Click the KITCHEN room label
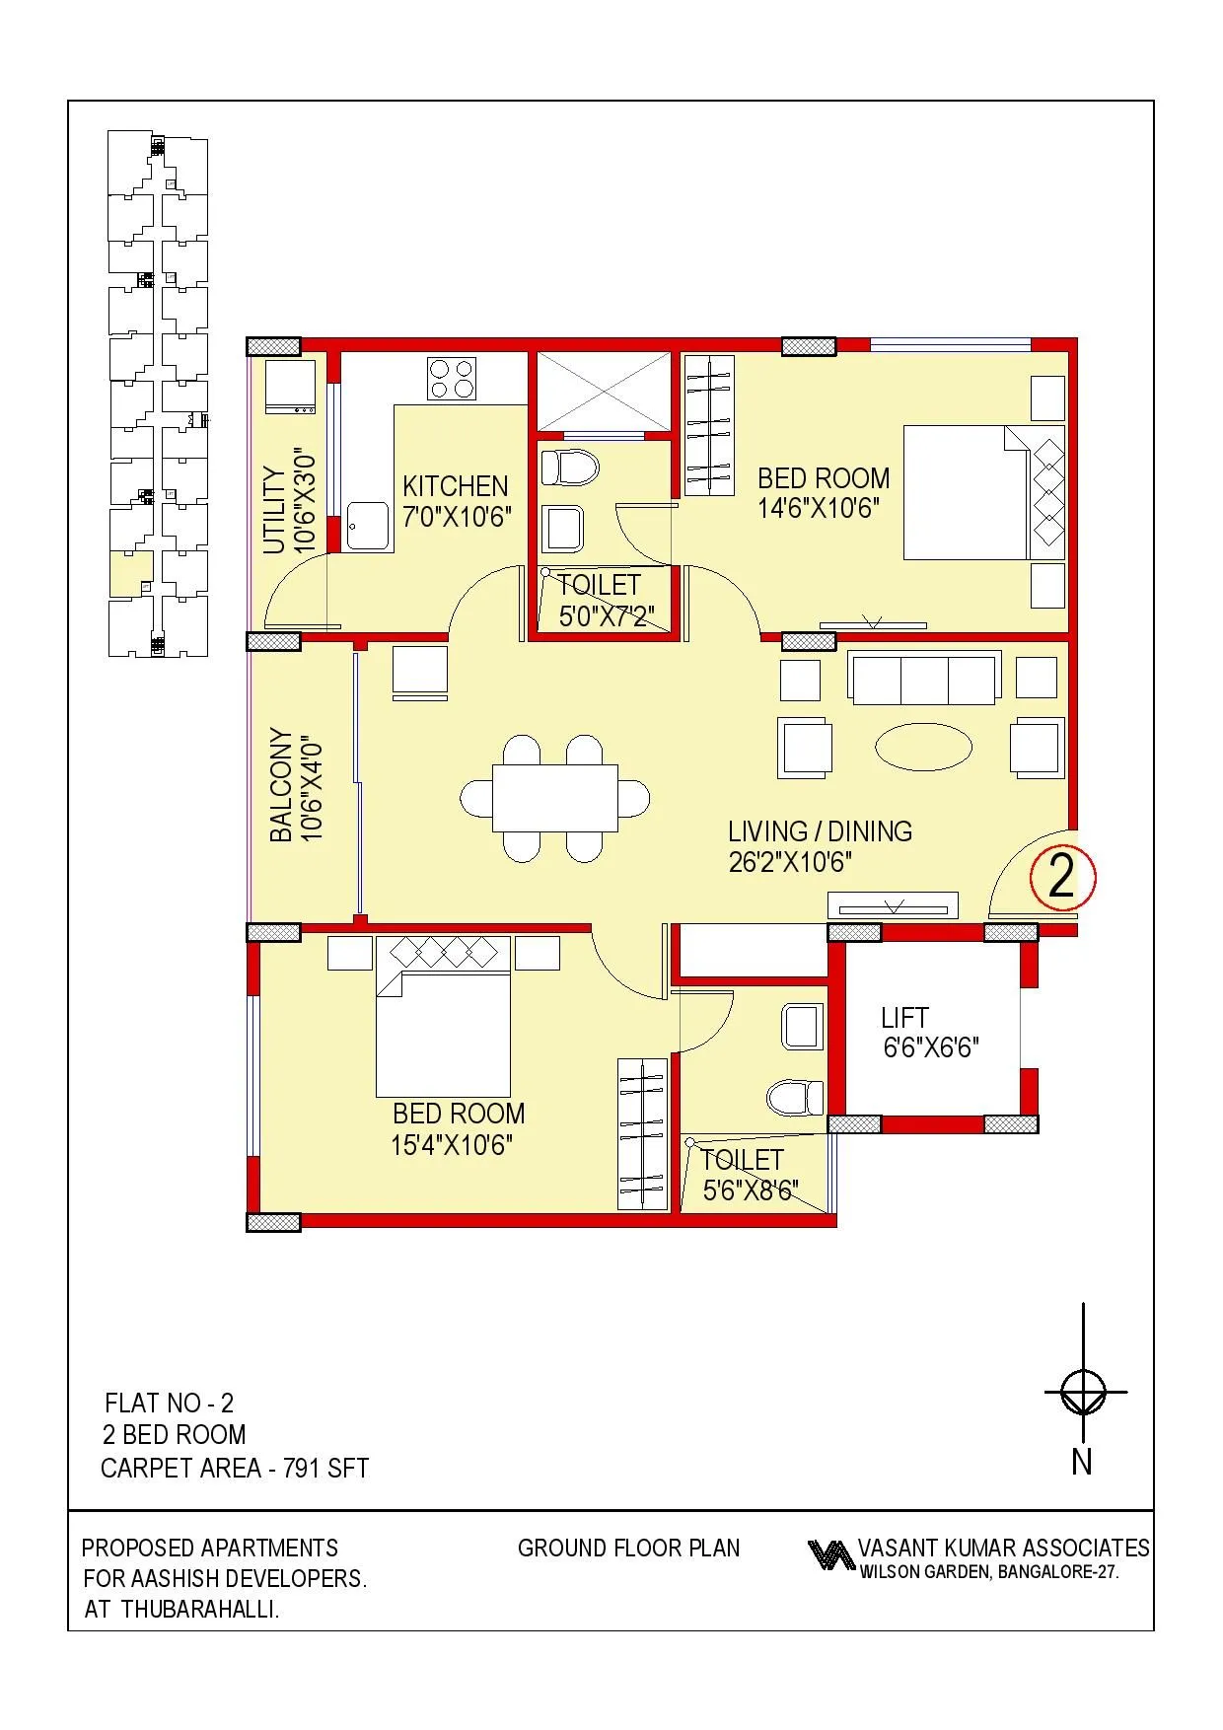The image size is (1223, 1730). tap(455, 486)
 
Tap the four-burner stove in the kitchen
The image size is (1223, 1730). tap(451, 379)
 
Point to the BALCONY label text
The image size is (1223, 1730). tap(281, 785)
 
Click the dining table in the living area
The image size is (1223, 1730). tap(554, 797)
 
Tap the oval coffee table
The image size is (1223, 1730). tap(923, 747)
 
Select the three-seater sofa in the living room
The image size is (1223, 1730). tap(923, 679)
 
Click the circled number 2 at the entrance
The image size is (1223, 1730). tap(1061, 876)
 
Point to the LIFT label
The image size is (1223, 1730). tap(904, 1018)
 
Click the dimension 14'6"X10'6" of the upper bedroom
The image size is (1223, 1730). tap(818, 509)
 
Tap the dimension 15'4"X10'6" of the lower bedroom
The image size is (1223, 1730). tap(452, 1145)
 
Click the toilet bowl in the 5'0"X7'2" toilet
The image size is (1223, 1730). tap(570, 467)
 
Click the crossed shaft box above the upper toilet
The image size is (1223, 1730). tap(602, 392)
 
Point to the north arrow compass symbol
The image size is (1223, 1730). tap(1083, 1394)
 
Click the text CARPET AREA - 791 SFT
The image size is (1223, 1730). tap(235, 1469)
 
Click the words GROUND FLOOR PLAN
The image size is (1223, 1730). tap(628, 1549)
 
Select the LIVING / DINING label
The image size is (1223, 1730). tap(820, 831)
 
